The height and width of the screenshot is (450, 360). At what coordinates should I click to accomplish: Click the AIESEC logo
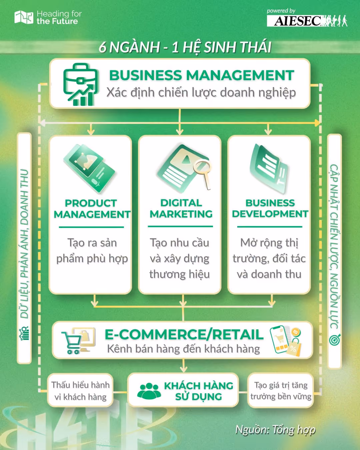[x=307, y=21]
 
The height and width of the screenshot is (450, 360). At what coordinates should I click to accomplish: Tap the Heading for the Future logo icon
[x=24, y=17]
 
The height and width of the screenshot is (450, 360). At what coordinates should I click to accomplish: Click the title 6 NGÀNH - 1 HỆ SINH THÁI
[x=185, y=47]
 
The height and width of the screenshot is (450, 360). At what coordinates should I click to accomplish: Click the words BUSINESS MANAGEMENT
[x=202, y=75]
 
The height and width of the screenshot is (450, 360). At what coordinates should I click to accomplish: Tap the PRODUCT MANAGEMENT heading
[x=92, y=209]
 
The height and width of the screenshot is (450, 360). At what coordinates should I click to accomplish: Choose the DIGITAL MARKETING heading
[x=181, y=208]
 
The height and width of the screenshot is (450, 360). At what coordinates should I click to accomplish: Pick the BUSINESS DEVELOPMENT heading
[x=270, y=208]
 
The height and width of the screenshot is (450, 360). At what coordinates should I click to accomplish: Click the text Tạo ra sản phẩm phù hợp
[x=92, y=251]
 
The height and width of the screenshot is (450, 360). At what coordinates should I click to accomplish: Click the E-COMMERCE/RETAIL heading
[x=184, y=335]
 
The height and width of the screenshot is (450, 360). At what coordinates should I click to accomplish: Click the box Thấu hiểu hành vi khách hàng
[x=80, y=391]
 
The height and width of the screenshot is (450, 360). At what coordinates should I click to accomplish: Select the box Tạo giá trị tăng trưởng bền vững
[x=281, y=391]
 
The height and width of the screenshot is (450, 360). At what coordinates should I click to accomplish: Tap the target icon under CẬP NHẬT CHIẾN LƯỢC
[x=335, y=340]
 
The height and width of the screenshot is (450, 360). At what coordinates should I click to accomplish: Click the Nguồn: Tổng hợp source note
[x=275, y=430]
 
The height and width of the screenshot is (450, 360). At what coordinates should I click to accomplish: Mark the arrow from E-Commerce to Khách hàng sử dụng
[x=183, y=365]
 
